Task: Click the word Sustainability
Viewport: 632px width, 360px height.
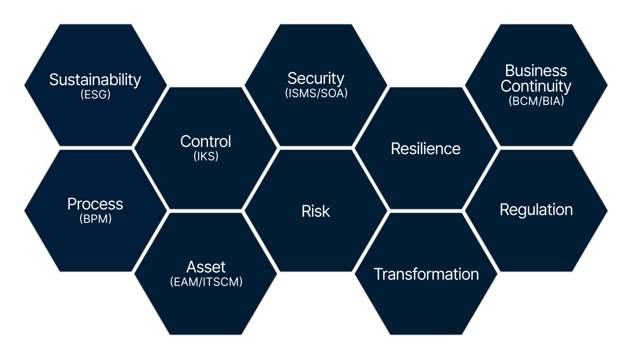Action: click(x=95, y=80)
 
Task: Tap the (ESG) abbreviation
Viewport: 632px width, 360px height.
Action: click(x=95, y=94)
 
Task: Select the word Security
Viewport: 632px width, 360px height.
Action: click(x=316, y=78)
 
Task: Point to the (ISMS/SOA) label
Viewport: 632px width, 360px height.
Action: click(x=316, y=93)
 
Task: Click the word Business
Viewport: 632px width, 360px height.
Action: click(x=536, y=71)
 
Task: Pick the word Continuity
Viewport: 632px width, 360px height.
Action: click(x=536, y=86)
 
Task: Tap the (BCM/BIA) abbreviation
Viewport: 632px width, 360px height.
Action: click(x=536, y=101)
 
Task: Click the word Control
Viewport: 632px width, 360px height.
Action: click(x=206, y=141)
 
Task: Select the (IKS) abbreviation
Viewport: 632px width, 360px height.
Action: click(x=206, y=157)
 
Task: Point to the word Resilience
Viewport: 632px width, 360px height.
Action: click(x=426, y=149)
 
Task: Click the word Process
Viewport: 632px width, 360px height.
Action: click(x=95, y=204)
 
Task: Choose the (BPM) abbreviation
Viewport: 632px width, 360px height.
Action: click(x=95, y=219)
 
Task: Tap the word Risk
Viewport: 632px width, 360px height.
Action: click(x=316, y=211)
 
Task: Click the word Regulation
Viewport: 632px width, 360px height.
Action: click(x=536, y=210)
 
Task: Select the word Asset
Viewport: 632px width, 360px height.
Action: click(x=206, y=267)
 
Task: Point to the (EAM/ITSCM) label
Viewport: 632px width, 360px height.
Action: click(x=206, y=282)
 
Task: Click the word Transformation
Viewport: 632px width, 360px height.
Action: click(x=426, y=274)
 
